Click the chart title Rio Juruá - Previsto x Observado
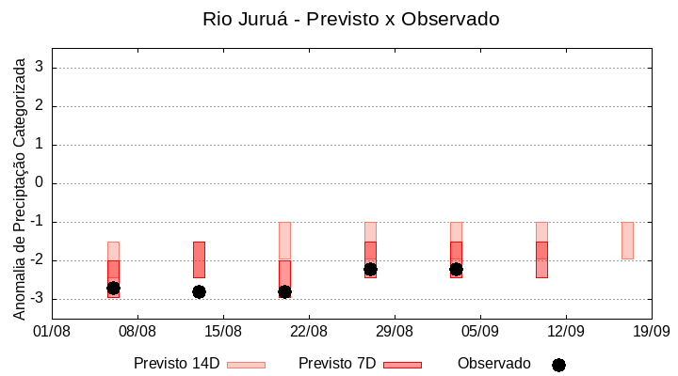pos(351,19)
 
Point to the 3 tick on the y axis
pos(40,68)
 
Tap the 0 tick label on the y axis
pos(40,183)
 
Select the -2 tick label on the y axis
pos(37,260)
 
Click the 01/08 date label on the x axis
pos(53,331)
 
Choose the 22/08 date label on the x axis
pos(309,331)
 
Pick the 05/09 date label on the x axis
pos(480,331)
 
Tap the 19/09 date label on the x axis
pos(651,331)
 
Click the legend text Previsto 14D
pos(177,363)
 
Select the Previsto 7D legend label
pos(337,363)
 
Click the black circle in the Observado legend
pos(558,365)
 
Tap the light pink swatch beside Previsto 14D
pos(246,365)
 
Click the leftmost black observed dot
pos(113,288)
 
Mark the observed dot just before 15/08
pos(199,291)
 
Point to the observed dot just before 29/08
pos(370,269)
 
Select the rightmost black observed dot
pos(456,269)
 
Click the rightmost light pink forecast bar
pos(627,240)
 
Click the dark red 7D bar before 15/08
pos(199,258)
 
